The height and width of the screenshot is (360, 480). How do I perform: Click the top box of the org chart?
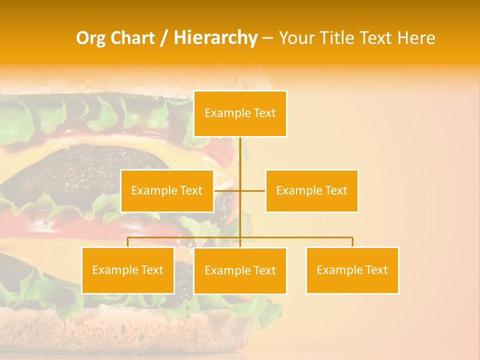click(x=240, y=113)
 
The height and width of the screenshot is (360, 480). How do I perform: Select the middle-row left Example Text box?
click(x=167, y=190)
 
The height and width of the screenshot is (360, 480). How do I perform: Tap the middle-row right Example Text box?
click(x=311, y=190)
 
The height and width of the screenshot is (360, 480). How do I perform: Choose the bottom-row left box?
click(x=128, y=270)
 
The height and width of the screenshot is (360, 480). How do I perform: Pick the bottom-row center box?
click(x=240, y=270)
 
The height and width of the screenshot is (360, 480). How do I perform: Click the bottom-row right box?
click(x=352, y=270)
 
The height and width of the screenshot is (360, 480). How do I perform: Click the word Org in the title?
click(x=90, y=38)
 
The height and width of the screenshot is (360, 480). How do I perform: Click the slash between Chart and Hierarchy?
click(x=164, y=38)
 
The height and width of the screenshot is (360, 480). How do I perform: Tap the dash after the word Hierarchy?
click(x=267, y=38)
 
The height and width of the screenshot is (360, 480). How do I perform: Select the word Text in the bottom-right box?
click(x=376, y=270)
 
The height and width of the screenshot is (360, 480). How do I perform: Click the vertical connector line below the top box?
click(x=240, y=155)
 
